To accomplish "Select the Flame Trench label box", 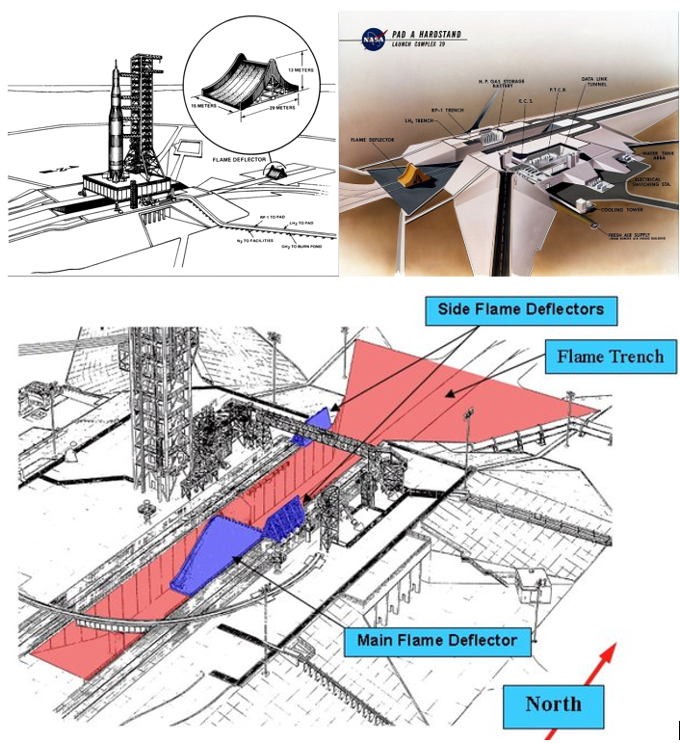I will (610, 358).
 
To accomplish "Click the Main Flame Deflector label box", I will (436, 640).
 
